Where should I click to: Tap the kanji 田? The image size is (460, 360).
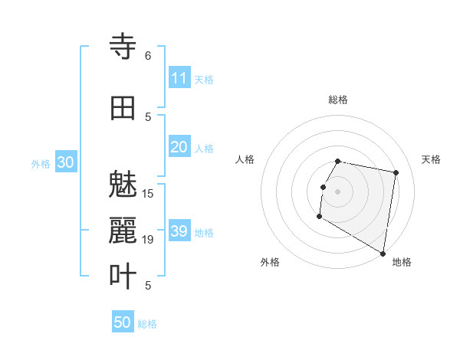click(123, 107)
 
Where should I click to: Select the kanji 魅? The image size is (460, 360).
click(123, 186)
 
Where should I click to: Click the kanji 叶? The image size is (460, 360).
click(123, 277)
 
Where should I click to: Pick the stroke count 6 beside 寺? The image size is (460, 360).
click(147, 56)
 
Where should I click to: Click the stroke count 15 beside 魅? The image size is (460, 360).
click(148, 193)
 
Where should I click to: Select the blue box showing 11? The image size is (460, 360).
click(179, 78)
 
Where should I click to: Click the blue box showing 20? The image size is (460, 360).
click(179, 148)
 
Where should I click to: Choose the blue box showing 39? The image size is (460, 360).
click(179, 231)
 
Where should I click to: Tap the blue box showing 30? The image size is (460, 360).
click(65, 162)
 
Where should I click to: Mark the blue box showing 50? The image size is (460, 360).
click(123, 322)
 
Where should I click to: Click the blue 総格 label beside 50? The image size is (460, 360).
click(147, 324)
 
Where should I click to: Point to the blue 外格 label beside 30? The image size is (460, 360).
click(41, 164)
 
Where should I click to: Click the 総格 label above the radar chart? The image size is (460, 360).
click(338, 100)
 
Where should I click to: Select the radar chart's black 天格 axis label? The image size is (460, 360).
click(431, 159)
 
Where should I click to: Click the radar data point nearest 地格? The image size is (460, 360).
click(383, 254)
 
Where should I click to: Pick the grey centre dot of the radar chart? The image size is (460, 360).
click(338, 191)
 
